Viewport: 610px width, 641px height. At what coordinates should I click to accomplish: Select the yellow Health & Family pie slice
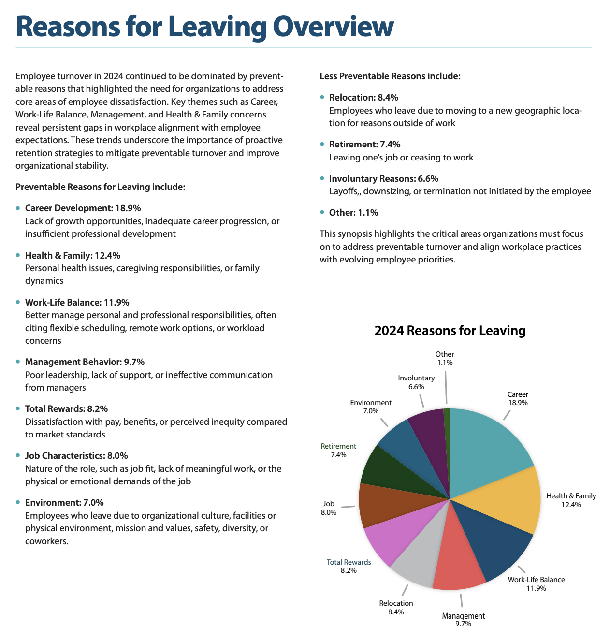point(512,500)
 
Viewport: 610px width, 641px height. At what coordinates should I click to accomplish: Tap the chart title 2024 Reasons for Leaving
point(450,331)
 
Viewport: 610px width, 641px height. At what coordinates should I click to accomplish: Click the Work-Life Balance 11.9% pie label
point(536,583)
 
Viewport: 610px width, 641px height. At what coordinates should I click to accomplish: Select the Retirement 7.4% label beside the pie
point(338,450)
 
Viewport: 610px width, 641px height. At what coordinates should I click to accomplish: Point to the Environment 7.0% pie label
point(371,407)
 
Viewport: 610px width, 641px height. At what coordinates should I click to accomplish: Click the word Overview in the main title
point(334,27)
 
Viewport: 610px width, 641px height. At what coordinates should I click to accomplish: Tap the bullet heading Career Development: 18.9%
point(83,208)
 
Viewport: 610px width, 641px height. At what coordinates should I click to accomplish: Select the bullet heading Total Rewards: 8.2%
point(66,409)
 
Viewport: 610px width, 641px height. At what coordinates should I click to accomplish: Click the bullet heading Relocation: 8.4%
point(363,98)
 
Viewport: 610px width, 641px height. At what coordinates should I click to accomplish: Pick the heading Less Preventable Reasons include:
point(390,76)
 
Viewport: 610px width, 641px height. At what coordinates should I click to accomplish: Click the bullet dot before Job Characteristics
point(18,456)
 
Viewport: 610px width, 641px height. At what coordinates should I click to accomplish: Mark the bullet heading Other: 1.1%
point(353,213)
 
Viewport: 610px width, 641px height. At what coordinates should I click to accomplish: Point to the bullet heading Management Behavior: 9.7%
point(85,362)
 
